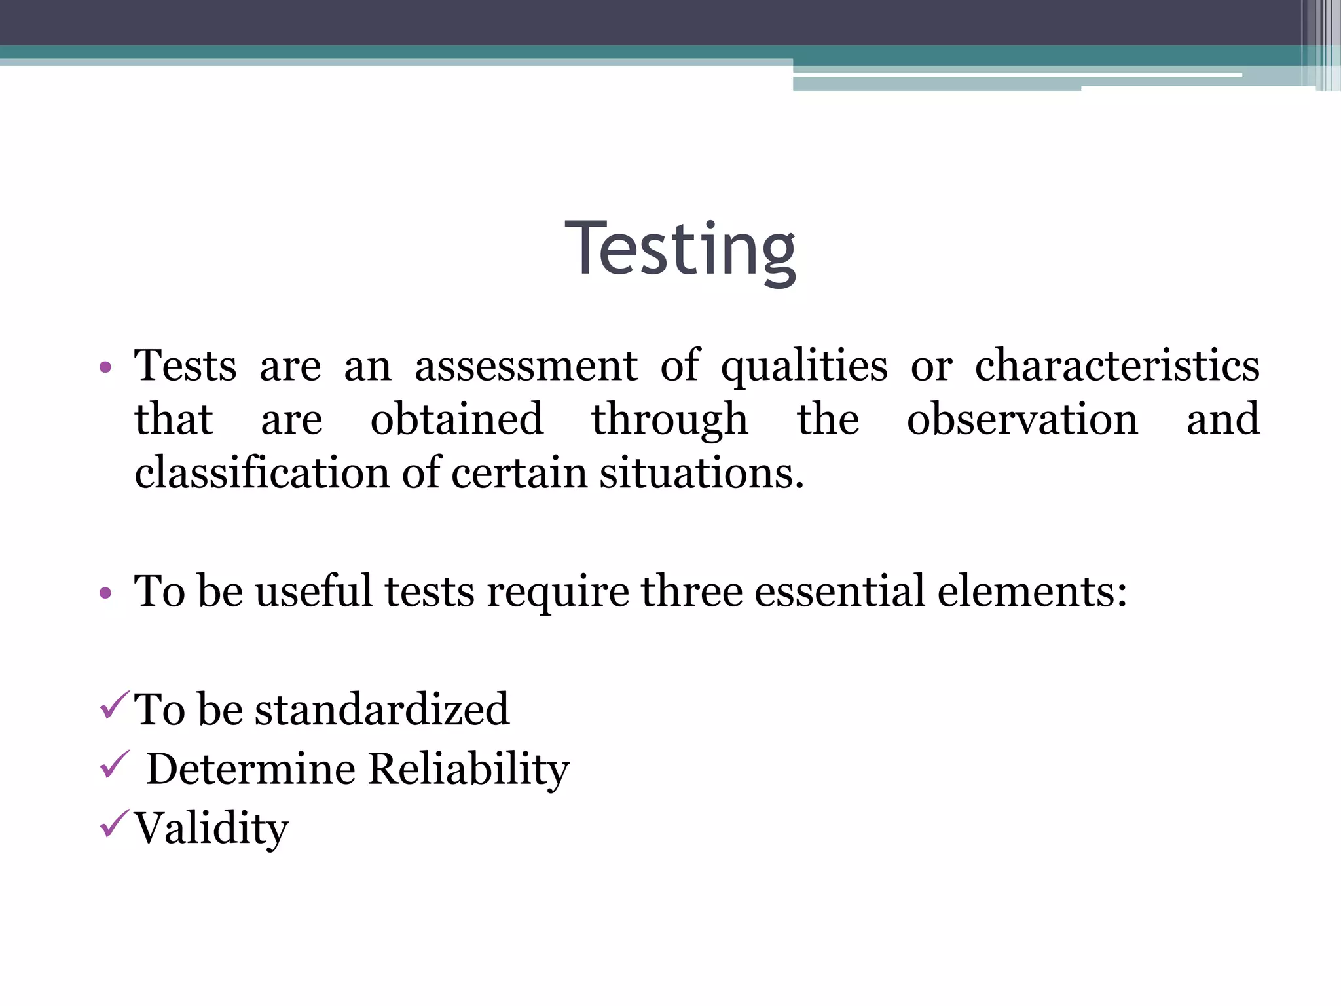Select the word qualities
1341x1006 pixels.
(x=804, y=367)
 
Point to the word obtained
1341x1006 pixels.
(x=456, y=419)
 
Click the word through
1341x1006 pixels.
(x=669, y=420)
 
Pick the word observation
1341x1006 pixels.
(x=1022, y=419)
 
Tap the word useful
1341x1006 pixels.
(x=314, y=591)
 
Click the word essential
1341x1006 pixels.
(x=840, y=591)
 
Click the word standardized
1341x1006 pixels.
(x=382, y=709)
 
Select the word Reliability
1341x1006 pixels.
(x=468, y=769)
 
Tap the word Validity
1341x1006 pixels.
(x=211, y=829)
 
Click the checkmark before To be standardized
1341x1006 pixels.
(x=115, y=705)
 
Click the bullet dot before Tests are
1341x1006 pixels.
(x=105, y=367)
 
